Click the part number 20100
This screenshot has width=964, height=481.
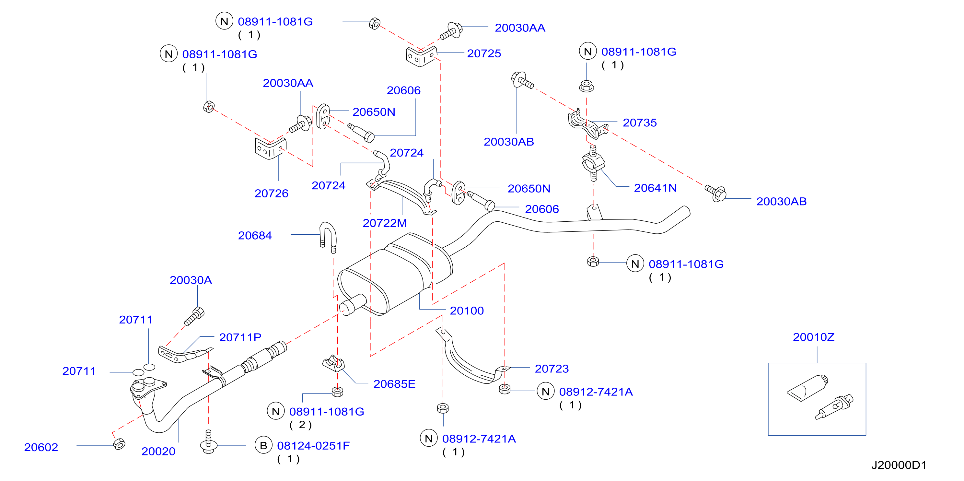tap(466, 311)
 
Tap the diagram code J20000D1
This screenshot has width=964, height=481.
tap(899, 465)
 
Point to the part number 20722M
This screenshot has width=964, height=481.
tap(385, 223)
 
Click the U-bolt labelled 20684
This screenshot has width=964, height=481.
tap(328, 237)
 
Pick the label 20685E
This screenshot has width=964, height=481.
tap(394, 384)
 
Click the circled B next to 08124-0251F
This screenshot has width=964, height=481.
tap(263, 445)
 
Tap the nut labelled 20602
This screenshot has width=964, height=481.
tap(119, 444)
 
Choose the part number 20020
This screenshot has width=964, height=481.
tap(158, 452)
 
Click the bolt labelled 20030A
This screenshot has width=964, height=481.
tap(194, 316)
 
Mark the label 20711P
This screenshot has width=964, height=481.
tap(240, 337)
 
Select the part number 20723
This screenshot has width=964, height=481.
tap(552, 369)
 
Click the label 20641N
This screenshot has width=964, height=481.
tap(655, 188)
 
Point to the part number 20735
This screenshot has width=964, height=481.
tap(640, 123)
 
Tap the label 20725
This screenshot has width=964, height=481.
tap(484, 53)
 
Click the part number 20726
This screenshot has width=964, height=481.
tap(271, 194)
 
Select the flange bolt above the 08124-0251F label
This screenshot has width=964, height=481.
tap(209, 442)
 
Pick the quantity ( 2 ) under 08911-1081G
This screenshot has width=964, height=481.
tap(300, 425)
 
